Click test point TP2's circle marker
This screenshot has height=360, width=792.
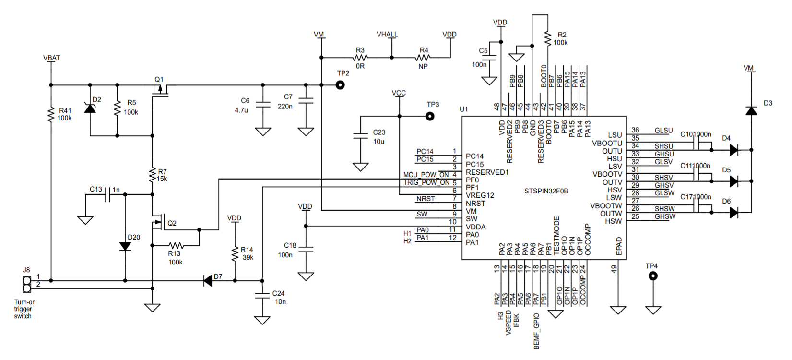pyautogui.click(x=340, y=85)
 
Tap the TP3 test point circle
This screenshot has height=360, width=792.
pyautogui.click(x=430, y=116)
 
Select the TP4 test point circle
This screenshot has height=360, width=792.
pyautogui.click(x=653, y=276)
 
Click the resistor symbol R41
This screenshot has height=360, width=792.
pyautogui.click(x=51, y=115)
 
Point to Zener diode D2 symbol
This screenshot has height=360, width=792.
pyautogui.click(x=90, y=108)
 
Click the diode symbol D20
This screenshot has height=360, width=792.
pyautogui.click(x=125, y=246)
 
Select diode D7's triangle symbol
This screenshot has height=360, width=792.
pyautogui.click(x=208, y=280)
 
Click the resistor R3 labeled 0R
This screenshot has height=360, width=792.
pyautogui.click(x=360, y=58)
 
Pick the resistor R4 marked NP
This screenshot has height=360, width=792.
pyautogui.click(x=423, y=58)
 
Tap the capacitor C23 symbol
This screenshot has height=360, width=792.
pyautogui.click(x=360, y=136)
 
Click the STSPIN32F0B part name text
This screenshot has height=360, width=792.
pyautogui.click(x=546, y=191)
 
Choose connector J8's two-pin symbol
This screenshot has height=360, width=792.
pyautogui.click(x=27, y=284)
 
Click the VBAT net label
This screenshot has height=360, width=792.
pyautogui.click(x=51, y=58)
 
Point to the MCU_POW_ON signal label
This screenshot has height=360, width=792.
pyautogui.click(x=426, y=175)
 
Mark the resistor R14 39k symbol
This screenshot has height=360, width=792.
pyautogui.click(x=235, y=254)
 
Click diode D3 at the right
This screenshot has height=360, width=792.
pyautogui.click(x=751, y=111)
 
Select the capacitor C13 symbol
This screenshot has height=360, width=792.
pyautogui.click(x=109, y=194)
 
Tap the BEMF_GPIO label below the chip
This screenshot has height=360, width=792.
pyautogui.click(x=536, y=331)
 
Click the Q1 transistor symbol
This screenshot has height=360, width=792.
pyautogui.click(x=160, y=90)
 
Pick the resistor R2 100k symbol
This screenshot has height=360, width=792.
pyautogui.click(x=547, y=39)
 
